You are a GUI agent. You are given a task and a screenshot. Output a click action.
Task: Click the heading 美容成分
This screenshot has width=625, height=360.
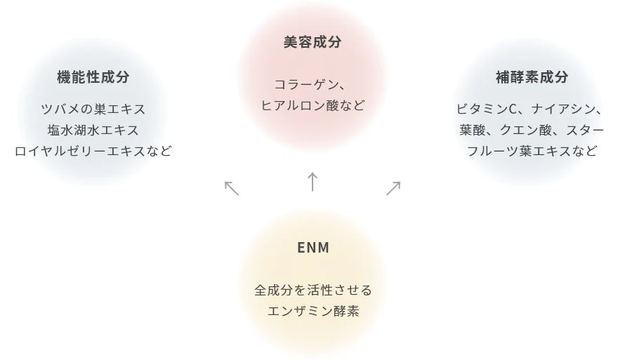pyautogui.click(x=312, y=43)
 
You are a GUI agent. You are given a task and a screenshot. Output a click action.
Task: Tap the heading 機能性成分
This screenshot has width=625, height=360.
pyautogui.click(x=93, y=77)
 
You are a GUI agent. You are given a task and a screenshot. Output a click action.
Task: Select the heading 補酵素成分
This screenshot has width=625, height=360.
pyautogui.click(x=532, y=77)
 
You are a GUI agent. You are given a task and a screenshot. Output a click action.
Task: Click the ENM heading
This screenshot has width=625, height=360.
pyautogui.click(x=312, y=248)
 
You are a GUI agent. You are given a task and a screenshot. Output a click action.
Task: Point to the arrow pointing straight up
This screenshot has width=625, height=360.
pyautogui.click(x=312, y=181)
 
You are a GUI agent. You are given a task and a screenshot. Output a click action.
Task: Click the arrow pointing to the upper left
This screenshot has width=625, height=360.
pyautogui.click(x=232, y=187)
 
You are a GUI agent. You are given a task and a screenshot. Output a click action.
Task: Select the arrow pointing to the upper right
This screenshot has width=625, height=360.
pyautogui.click(x=393, y=187)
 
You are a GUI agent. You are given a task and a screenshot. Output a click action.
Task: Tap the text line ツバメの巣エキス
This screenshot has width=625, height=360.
pyautogui.click(x=93, y=109)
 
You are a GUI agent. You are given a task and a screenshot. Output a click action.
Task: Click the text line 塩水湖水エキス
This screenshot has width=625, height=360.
pyautogui.click(x=93, y=130)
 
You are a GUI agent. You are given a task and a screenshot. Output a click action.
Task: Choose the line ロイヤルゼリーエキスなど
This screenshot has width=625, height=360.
pyautogui.click(x=93, y=151)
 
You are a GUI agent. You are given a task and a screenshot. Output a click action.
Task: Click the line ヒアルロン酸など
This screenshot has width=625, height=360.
pyautogui.click(x=312, y=105)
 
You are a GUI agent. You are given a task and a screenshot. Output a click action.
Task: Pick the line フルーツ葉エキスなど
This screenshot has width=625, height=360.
pyautogui.click(x=532, y=151)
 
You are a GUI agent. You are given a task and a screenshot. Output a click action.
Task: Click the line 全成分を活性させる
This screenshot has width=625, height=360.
pyautogui.click(x=312, y=290)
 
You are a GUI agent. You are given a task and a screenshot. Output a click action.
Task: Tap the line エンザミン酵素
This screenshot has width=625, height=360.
pyautogui.click(x=312, y=311)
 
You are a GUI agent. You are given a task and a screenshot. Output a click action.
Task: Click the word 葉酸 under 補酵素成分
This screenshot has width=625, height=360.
pyautogui.click(x=473, y=130)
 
